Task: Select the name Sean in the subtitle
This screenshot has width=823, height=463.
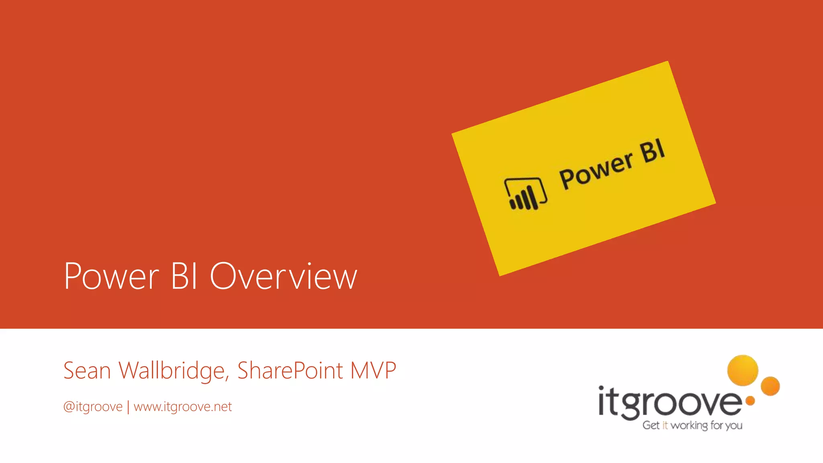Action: point(87,370)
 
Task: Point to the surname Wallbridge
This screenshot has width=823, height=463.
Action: point(174,370)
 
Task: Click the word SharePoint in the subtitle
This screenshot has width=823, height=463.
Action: point(290,370)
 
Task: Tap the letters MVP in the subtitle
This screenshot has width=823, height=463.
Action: point(373,370)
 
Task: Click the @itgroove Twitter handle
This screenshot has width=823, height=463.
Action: point(93,407)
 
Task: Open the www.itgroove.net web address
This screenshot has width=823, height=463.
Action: point(183,407)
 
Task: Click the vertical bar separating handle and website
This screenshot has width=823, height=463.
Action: point(128,407)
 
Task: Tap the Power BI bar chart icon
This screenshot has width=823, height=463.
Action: point(525,194)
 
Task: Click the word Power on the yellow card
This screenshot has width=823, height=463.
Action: point(596,171)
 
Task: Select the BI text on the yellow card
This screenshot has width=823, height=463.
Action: point(653,151)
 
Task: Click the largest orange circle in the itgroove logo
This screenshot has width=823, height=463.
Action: point(743,370)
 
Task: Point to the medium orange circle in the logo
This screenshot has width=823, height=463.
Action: point(770,386)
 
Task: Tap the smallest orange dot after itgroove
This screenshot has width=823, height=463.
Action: point(750,400)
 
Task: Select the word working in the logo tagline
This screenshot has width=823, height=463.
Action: point(689,425)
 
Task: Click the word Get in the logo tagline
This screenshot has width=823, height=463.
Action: point(651,425)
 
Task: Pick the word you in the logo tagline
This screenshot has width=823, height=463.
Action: point(734,425)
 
